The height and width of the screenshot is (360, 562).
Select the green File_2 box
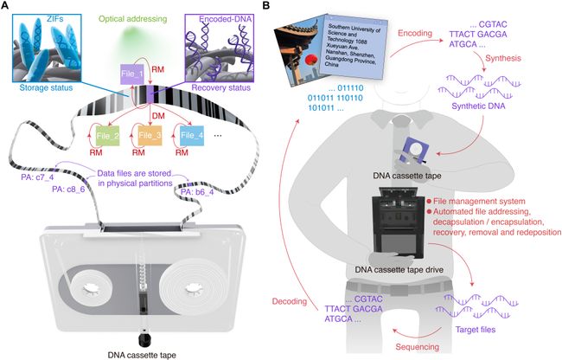(105, 137)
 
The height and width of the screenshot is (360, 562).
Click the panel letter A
(7, 7)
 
